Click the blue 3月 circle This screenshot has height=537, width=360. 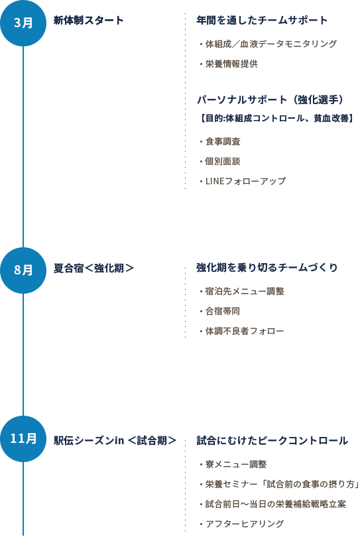[x=23, y=23]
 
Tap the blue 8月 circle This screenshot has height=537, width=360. [x=23, y=270]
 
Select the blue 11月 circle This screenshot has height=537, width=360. [x=23, y=439]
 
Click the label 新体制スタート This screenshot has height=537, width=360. [x=88, y=20]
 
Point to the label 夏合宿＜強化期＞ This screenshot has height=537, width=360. [x=93, y=268]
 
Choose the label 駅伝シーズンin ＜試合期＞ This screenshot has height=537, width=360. [x=115, y=440]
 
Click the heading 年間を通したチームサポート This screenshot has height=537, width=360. [x=262, y=20]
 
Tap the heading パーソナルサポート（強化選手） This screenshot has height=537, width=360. [x=270, y=99]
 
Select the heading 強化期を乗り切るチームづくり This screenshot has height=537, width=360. [x=267, y=267]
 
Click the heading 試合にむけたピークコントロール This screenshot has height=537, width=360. [x=272, y=440]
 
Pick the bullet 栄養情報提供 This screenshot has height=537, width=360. [x=231, y=64]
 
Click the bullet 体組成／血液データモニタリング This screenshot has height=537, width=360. [x=271, y=44]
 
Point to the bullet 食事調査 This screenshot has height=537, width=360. [x=223, y=141]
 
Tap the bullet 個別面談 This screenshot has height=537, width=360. [x=223, y=161]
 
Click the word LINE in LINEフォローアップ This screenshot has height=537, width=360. [x=215, y=181]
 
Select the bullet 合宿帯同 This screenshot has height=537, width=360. [x=223, y=311]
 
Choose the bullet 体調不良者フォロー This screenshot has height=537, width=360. [x=245, y=331]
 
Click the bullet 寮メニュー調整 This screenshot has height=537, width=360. [x=236, y=464]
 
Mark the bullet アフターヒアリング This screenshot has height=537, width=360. [x=245, y=524]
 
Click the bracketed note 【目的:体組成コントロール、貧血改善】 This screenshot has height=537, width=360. [x=276, y=118]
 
